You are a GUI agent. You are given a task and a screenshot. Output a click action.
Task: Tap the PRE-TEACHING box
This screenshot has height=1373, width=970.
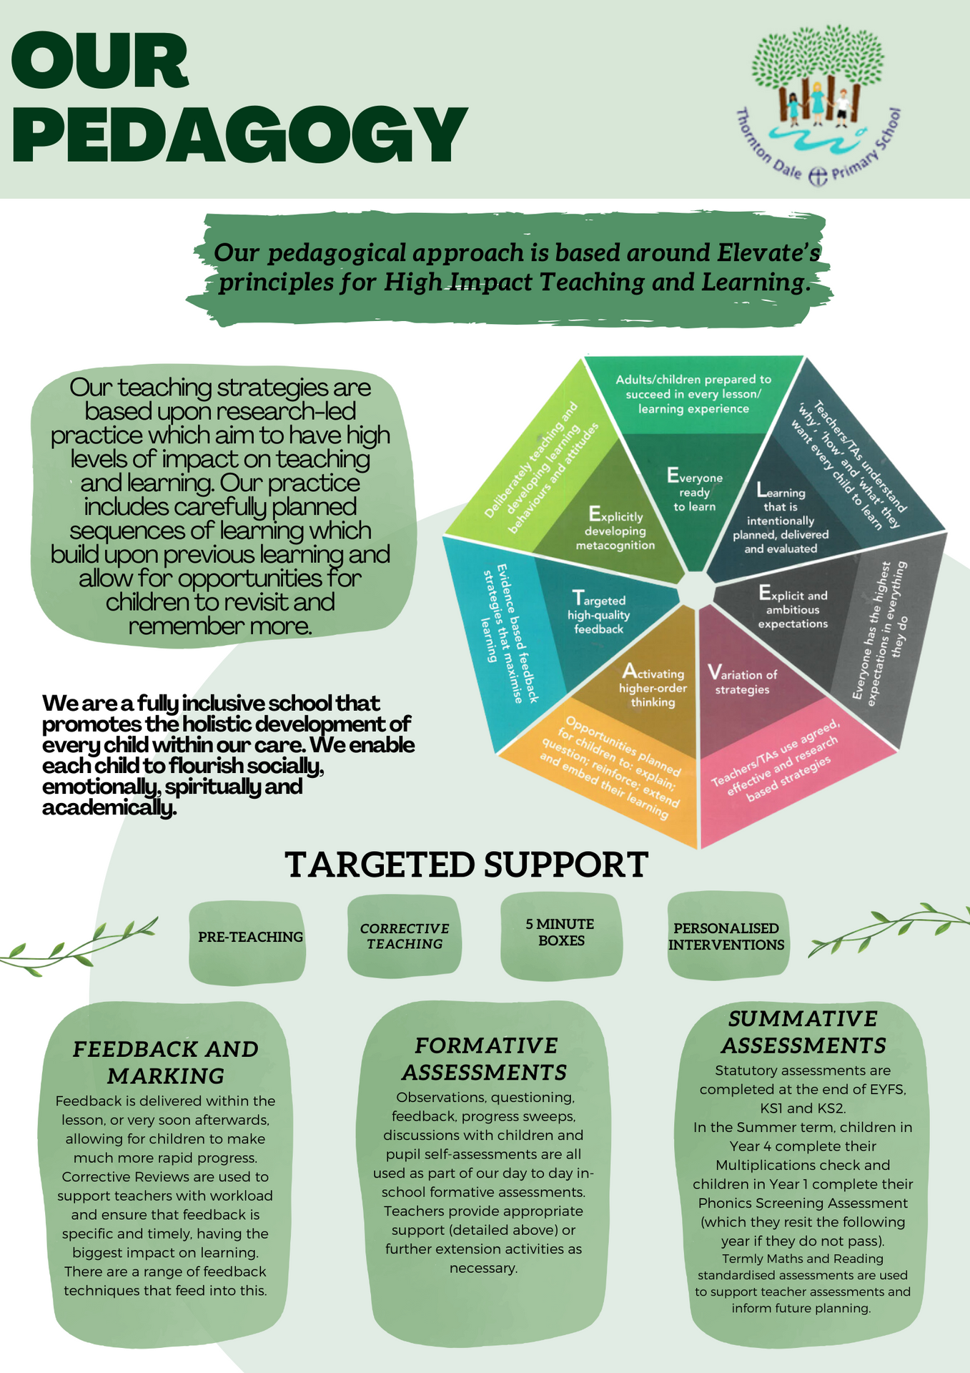coord(250,937)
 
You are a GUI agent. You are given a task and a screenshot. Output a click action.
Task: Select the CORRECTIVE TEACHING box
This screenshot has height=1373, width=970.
coord(405,936)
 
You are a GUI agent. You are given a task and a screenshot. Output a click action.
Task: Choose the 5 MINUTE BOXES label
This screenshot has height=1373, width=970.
coord(560,932)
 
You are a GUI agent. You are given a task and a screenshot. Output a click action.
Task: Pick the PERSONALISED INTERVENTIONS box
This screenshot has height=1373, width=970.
coord(726,936)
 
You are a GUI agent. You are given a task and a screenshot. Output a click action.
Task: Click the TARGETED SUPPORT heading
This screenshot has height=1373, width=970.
coord(467,865)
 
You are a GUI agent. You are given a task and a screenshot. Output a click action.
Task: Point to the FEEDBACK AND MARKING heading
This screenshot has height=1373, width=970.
coord(166,1062)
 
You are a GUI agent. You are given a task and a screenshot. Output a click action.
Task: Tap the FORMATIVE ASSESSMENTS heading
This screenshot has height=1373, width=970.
coord(485,1058)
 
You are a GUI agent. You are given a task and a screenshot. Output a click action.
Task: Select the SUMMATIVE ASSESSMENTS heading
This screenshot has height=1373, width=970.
coord(803,1032)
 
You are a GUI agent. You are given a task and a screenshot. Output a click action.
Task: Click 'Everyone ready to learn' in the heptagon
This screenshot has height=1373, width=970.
coord(694,492)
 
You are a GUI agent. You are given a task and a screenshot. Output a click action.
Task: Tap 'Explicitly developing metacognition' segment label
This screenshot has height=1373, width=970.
coord(615,531)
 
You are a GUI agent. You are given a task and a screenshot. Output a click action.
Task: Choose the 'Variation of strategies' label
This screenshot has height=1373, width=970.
coord(742,681)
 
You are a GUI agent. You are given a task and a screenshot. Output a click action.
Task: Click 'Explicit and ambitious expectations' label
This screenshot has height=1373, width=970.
coord(793,609)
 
